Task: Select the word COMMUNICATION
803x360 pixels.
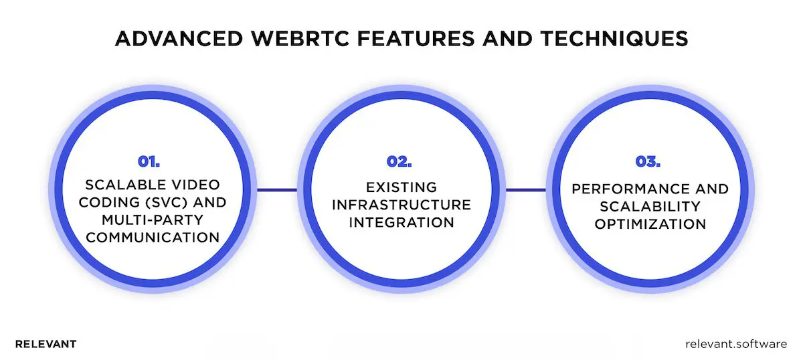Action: click(x=153, y=237)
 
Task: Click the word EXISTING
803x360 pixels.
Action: click(x=401, y=187)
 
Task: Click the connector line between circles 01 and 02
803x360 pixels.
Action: click(x=277, y=190)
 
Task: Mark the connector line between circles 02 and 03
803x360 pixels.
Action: click(x=525, y=190)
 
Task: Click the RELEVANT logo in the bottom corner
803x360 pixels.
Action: click(x=46, y=344)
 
